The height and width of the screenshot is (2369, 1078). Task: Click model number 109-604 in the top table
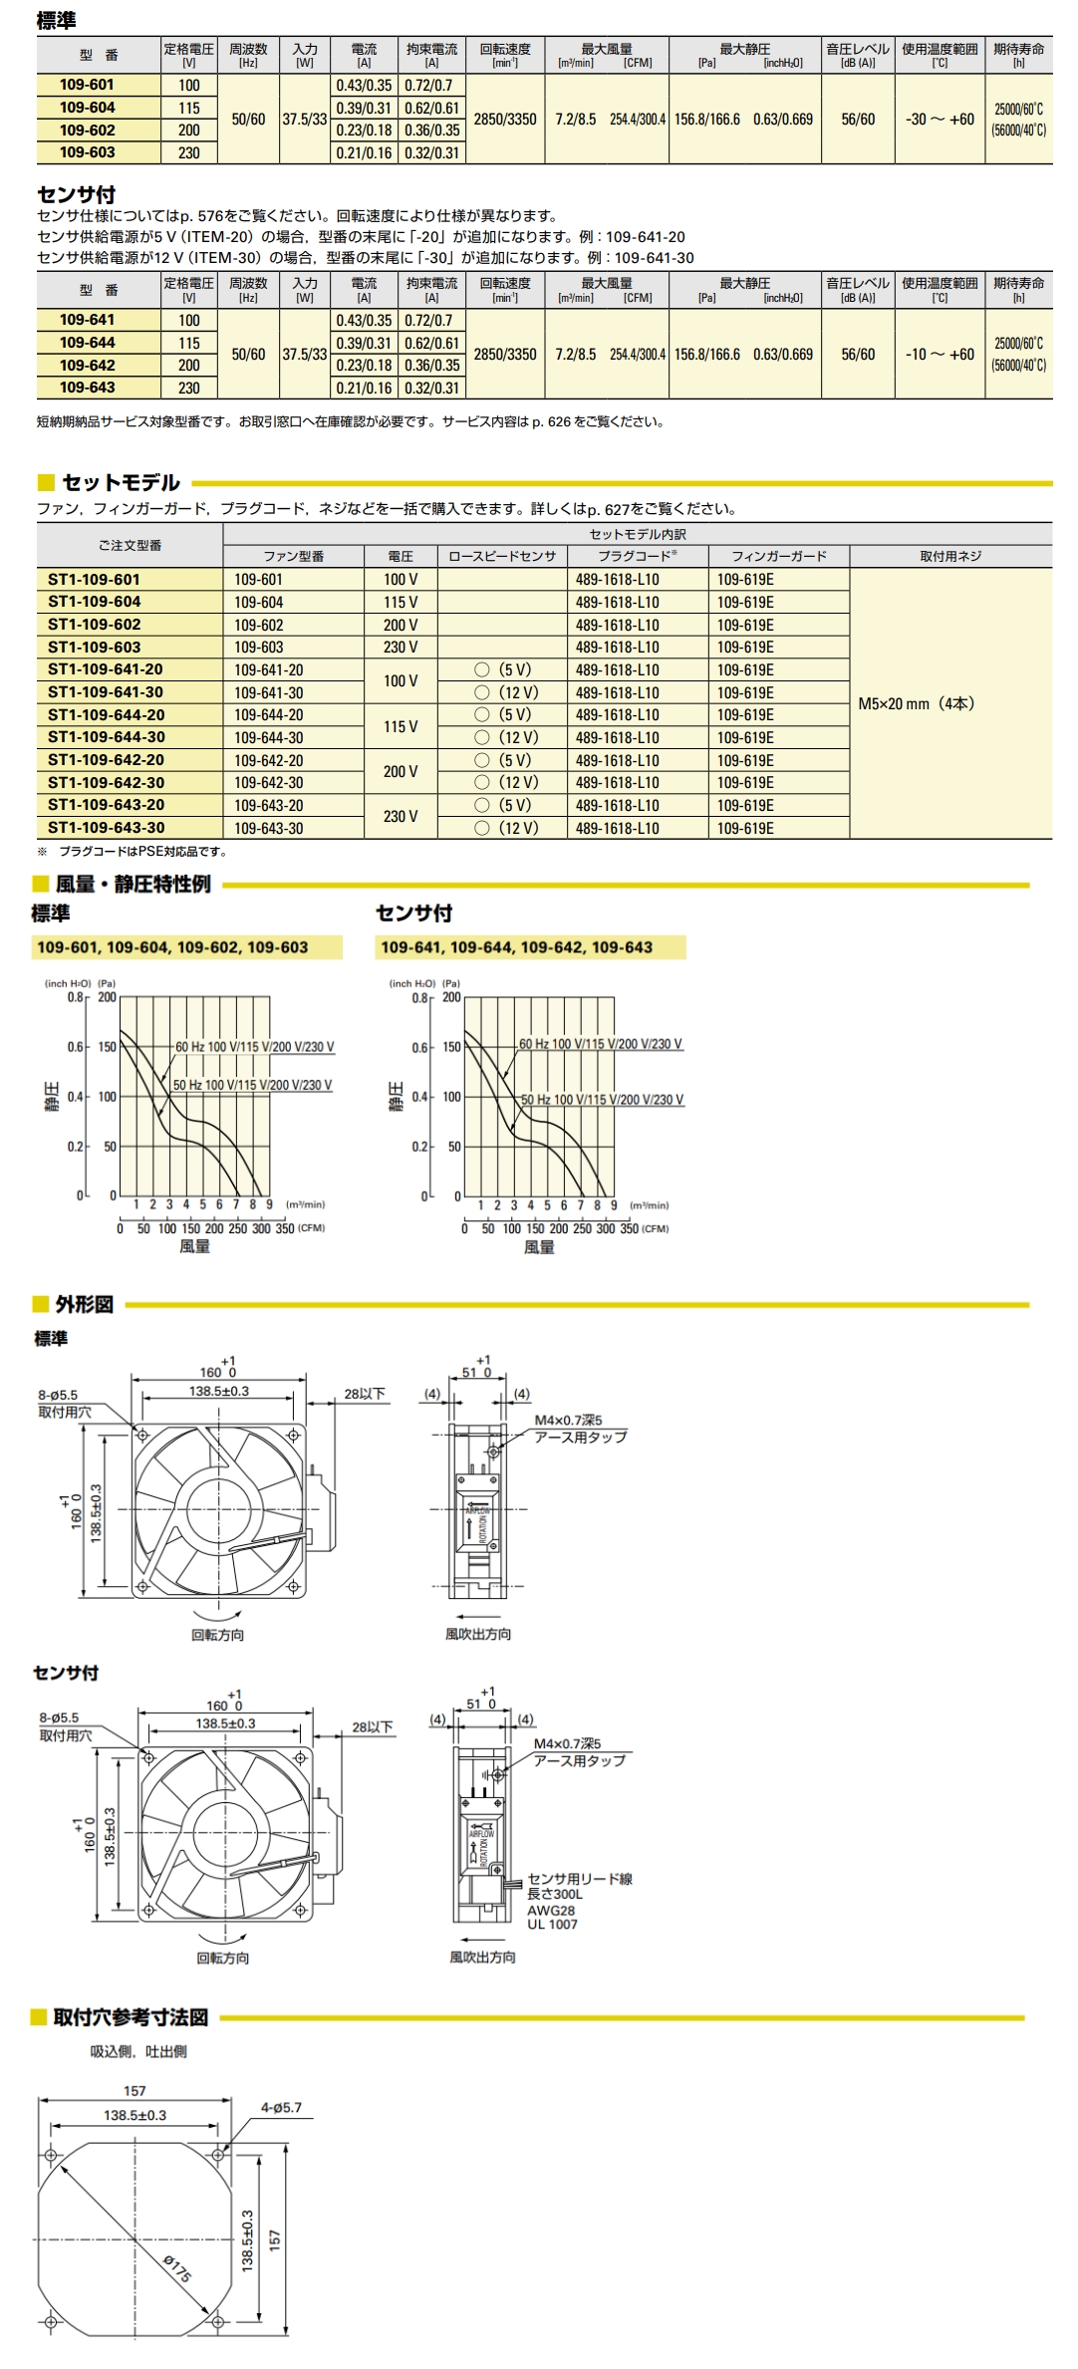tap(88, 108)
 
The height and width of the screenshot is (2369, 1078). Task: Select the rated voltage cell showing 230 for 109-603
tap(189, 152)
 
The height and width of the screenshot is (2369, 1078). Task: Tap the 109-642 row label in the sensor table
tap(88, 366)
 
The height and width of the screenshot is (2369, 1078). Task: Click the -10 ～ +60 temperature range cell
tap(940, 355)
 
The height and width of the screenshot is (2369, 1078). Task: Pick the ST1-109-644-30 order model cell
tap(107, 737)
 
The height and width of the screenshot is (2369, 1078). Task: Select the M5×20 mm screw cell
tap(917, 703)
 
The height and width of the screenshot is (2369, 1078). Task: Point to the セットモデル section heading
tap(121, 483)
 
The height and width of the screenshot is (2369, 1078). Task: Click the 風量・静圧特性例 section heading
tap(133, 885)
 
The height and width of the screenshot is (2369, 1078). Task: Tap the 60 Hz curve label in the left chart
tap(255, 1047)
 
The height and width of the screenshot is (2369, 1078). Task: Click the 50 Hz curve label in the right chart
tap(603, 1100)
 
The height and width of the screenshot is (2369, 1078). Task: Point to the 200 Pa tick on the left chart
tap(107, 997)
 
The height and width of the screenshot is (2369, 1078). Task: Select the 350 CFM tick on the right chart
tap(630, 1229)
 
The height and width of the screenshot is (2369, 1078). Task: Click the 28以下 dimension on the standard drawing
tap(365, 1394)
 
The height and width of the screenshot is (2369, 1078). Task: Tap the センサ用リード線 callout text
tap(580, 1879)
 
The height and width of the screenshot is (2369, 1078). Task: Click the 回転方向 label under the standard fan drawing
tap(218, 1635)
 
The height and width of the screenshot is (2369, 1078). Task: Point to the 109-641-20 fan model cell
tap(269, 670)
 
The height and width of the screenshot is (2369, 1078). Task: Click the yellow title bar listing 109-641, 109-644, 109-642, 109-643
tap(531, 947)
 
